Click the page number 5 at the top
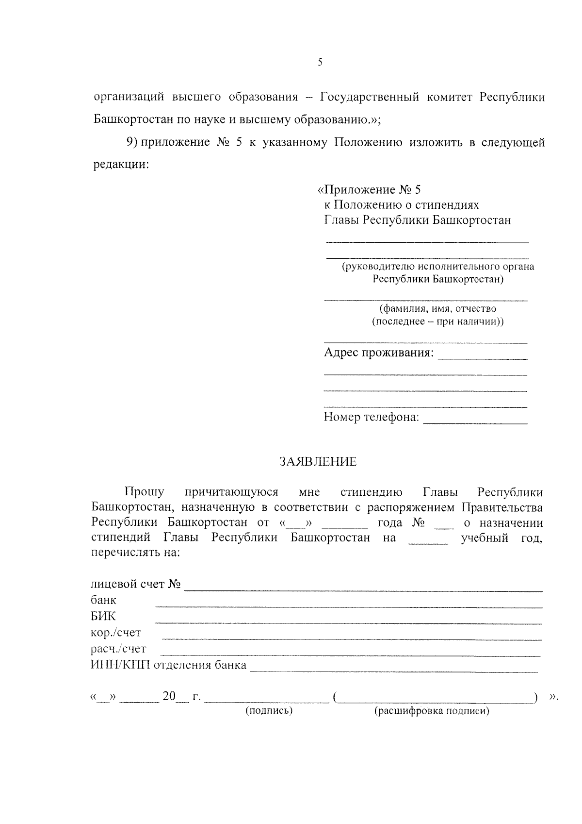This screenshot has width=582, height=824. (320, 62)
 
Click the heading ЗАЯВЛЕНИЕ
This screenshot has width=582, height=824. (318, 462)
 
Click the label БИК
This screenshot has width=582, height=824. (103, 617)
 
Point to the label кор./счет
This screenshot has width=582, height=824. (115, 633)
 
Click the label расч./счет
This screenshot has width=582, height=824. (118, 649)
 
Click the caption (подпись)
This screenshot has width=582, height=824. (269, 711)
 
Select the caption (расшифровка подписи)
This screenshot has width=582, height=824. (432, 711)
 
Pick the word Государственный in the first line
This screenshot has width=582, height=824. (370, 97)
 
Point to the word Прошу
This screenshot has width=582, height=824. (144, 492)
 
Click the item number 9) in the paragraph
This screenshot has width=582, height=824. (132, 142)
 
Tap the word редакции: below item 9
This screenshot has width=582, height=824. (121, 164)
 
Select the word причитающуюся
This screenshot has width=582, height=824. (231, 492)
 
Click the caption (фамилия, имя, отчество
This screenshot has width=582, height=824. (437, 309)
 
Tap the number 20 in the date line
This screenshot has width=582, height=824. (169, 696)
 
